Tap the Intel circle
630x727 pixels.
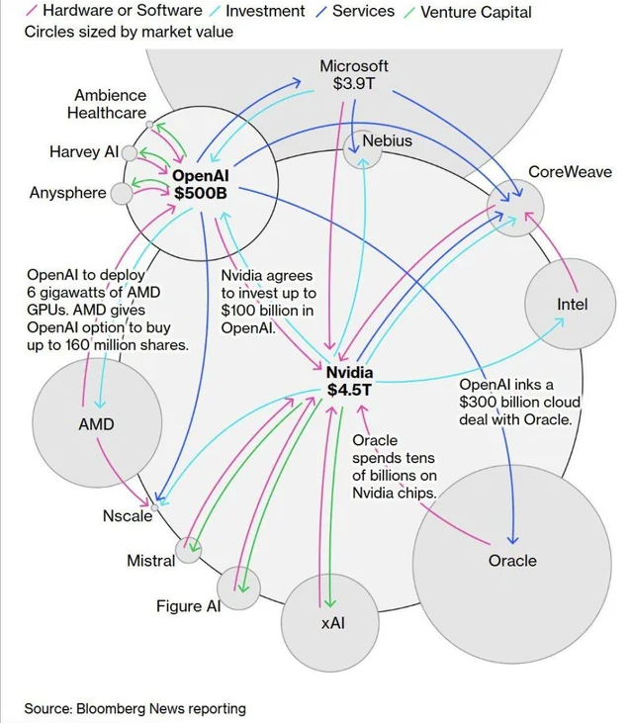tap(572, 304)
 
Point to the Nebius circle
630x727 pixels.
tap(362, 149)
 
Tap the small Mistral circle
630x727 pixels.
tap(188, 550)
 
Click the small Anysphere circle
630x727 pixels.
tap(121, 193)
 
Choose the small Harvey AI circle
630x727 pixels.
tap(130, 152)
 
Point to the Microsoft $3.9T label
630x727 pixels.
tap(354, 75)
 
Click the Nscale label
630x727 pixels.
tap(128, 516)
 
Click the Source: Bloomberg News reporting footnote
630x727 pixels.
tap(135, 708)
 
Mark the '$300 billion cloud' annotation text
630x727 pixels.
tap(519, 402)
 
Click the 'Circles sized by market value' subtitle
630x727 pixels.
tap(129, 32)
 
